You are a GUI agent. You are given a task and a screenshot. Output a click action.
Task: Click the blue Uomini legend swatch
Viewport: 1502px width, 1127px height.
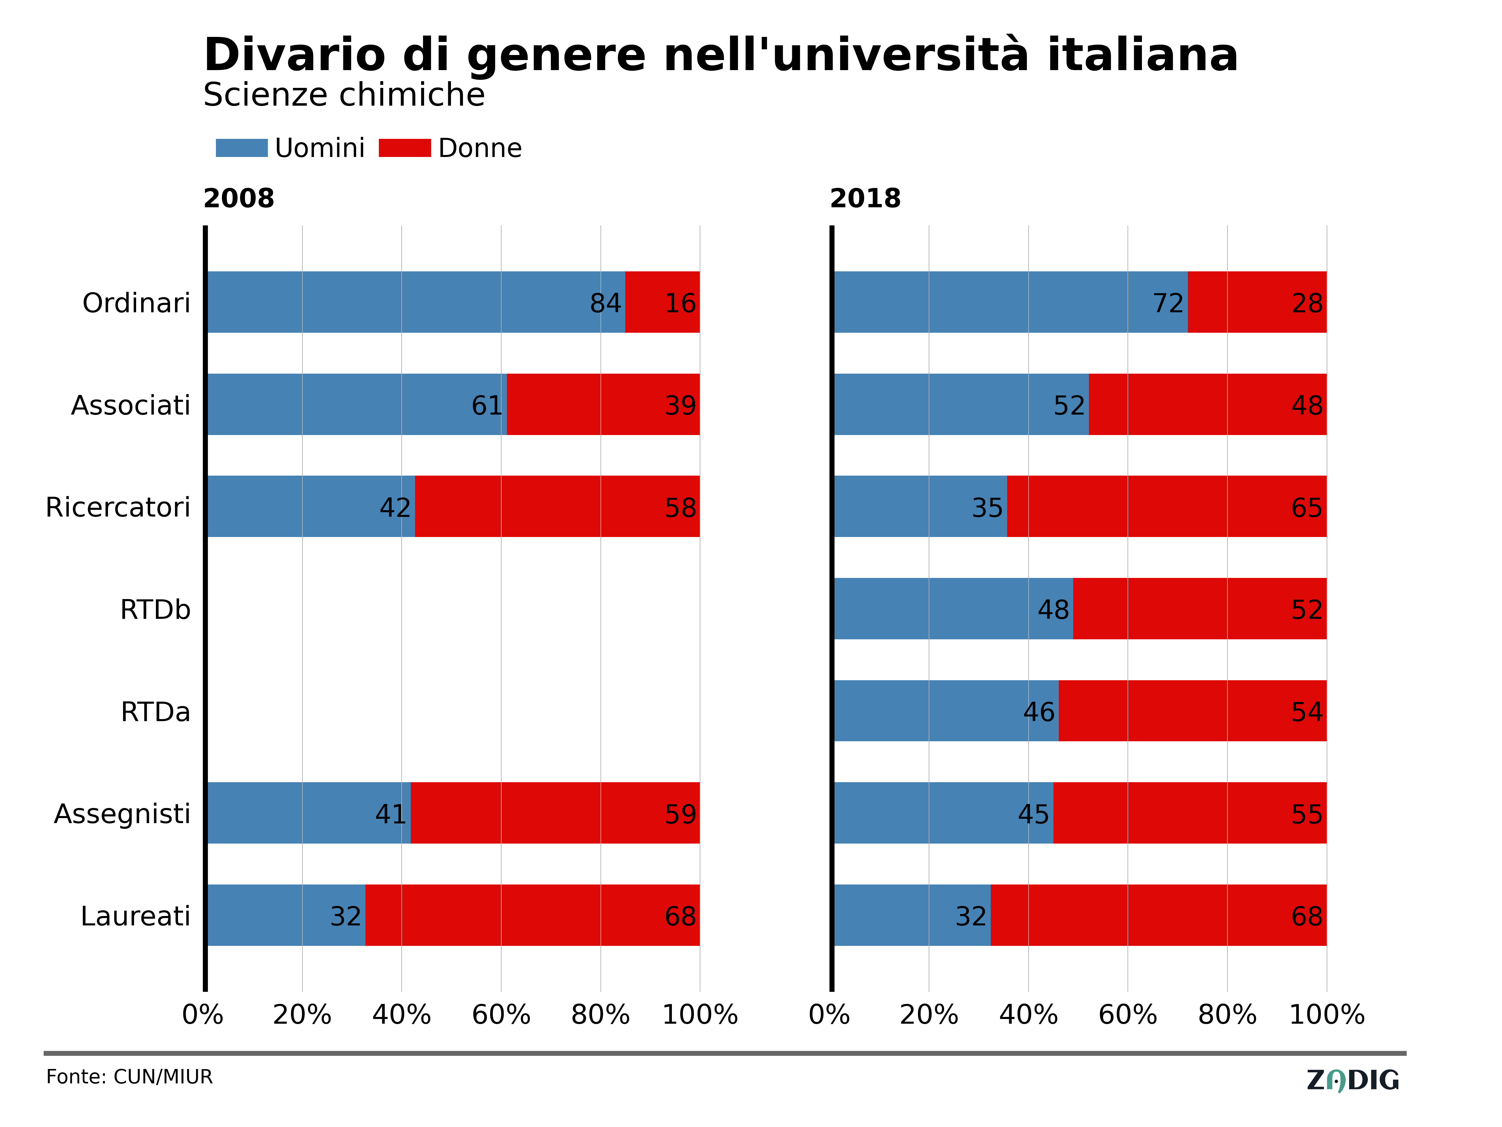click(x=242, y=148)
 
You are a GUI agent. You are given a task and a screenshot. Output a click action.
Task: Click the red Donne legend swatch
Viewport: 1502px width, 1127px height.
click(x=405, y=148)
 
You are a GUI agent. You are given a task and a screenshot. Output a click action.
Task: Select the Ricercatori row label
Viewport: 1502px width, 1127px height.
click(x=118, y=507)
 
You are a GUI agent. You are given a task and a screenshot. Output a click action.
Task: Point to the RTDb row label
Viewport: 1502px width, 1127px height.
click(x=156, y=610)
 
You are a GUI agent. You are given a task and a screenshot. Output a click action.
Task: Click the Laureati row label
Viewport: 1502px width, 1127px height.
click(x=136, y=916)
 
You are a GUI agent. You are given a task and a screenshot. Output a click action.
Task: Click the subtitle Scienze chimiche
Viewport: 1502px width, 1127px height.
click(x=344, y=95)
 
